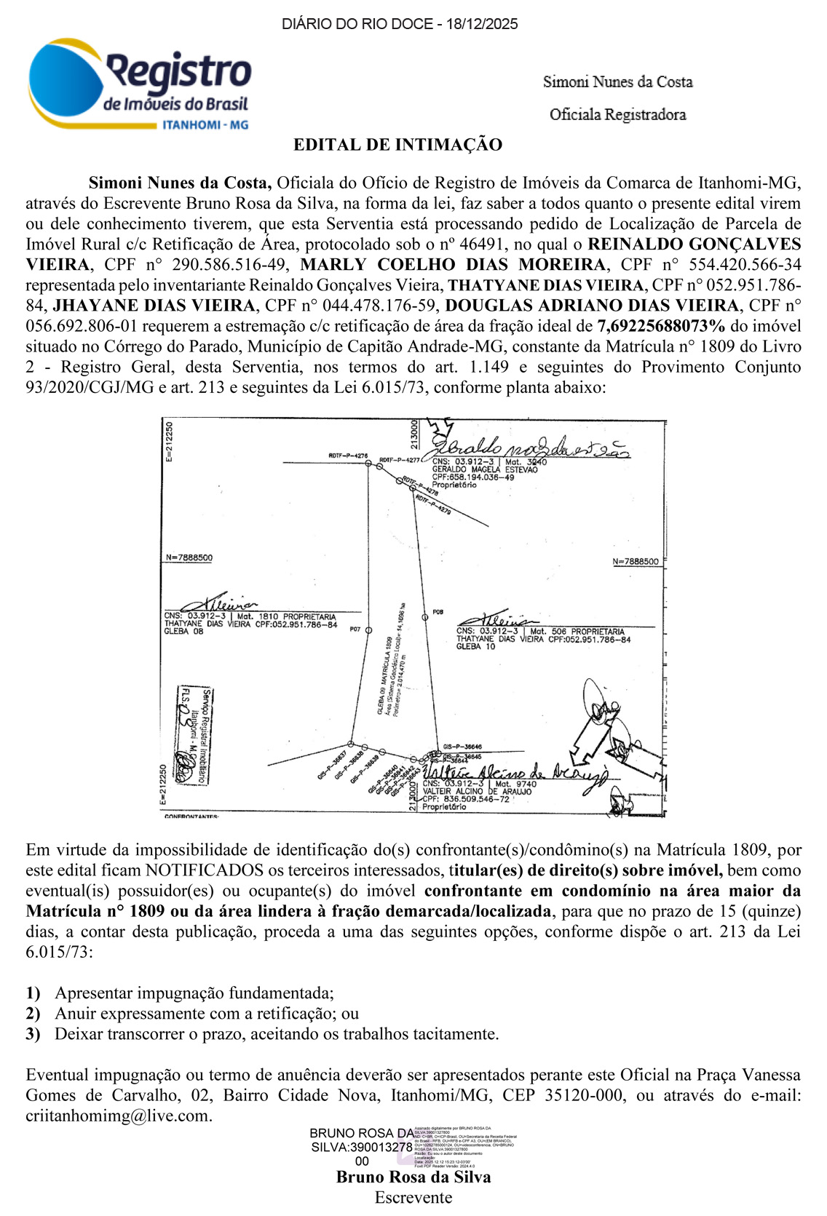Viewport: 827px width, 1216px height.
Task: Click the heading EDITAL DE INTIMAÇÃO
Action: [x=397, y=145]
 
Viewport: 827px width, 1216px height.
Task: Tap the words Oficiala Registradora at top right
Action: [x=617, y=114]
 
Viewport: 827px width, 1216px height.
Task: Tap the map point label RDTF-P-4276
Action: [x=348, y=456]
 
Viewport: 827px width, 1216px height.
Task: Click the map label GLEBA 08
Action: [x=183, y=632]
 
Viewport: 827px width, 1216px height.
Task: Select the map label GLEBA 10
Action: [x=475, y=646]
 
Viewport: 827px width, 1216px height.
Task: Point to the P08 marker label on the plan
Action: [x=438, y=612]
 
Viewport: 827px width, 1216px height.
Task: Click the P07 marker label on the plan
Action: [x=356, y=629]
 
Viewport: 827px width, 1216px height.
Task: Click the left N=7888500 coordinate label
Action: [x=189, y=558]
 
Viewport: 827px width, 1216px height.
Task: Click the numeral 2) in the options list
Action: [x=33, y=1014]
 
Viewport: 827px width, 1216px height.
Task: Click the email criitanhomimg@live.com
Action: [x=118, y=1116]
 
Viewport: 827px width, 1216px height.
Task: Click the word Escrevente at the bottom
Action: [x=413, y=1198]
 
